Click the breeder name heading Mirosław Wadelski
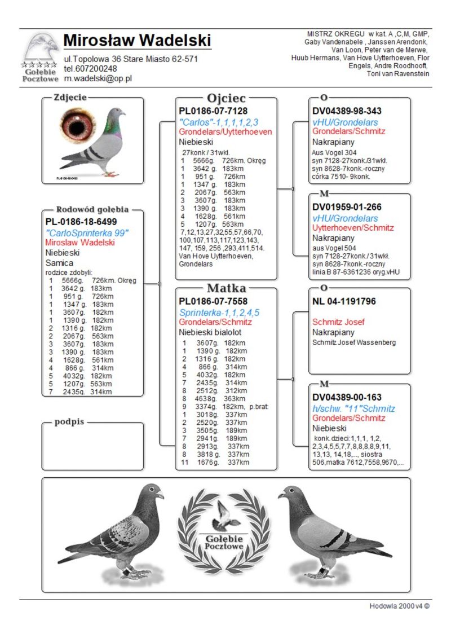tap(137, 41)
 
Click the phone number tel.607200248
tap(90, 69)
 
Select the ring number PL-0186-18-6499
tap(81, 222)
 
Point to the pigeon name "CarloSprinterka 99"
tap(87, 232)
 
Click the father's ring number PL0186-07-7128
tap(213, 111)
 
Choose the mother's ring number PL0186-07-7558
tap(213, 301)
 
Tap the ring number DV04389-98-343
tap(347, 111)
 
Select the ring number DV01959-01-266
tap(347, 207)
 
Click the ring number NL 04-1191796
tap(344, 301)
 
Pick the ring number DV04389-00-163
tap(347, 397)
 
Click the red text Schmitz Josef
tap(338, 322)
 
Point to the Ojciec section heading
tap(226, 98)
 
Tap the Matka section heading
tap(226, 289)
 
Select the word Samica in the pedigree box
tap(59, 263)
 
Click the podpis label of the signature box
tap(69, 423)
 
